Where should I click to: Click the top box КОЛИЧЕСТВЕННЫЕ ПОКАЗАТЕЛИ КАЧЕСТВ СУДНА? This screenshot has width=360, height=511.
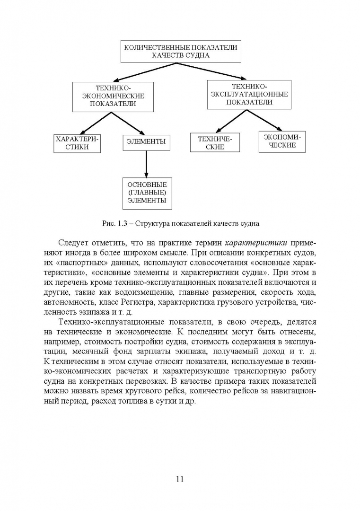click(x=180, y=51)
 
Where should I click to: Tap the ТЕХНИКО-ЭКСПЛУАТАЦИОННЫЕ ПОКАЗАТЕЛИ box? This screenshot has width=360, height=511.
click(x=249, y=94)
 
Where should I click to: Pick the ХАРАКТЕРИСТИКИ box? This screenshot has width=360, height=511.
click(x=78, y=143)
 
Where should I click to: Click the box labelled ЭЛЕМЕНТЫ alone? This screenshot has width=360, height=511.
click(x=146, y=141)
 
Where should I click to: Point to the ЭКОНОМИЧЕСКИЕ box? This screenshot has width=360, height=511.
click(x=282, y=141)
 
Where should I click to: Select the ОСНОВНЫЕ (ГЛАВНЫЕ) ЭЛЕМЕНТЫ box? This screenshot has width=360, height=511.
click(x=147, y=193)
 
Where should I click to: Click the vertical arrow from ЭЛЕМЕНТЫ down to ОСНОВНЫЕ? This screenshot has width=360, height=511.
click(x=146, y=164)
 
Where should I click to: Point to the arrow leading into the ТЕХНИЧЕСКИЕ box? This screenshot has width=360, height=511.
click(x=232, y=121)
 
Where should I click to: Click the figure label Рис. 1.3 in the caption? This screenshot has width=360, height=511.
click(x=112, y=222)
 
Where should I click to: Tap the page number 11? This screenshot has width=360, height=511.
click(x=179, y=479)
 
